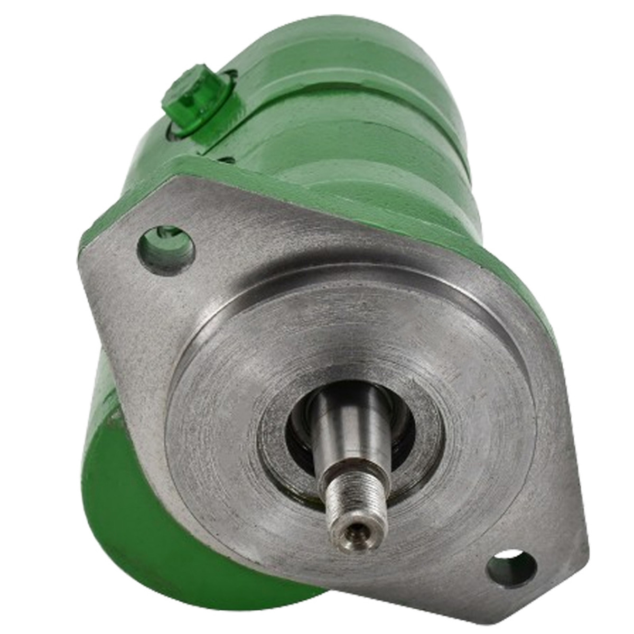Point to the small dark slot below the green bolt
(x=226, y=158)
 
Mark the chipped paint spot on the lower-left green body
(x=114, y=417)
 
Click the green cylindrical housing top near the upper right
(x=370, y=63)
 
